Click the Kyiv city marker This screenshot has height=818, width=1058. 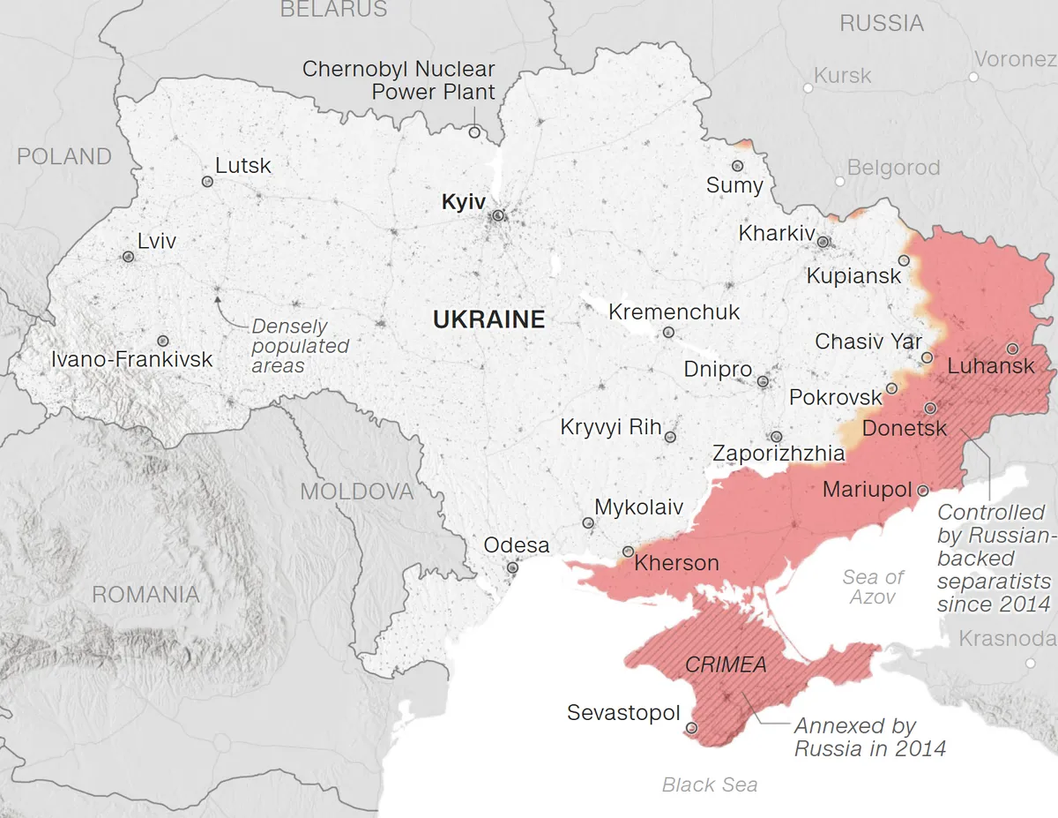[x=498, y=215]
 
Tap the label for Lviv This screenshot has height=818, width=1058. [x=157, y=241]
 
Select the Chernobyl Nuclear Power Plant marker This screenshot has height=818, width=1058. [x=474, y=132]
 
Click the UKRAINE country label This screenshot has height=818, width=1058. [x=488, y=319]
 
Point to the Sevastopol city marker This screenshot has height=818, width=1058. [x=691, y=728]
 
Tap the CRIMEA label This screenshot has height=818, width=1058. [x=726, y=664]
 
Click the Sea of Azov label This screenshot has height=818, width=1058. [x=873, y=587]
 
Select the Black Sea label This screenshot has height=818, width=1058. [x=710, y=784]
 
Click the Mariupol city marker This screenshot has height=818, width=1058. [x=922, y=490]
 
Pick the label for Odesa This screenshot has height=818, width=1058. [x=516, y=545]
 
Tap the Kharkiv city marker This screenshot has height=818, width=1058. [x=823, y=242]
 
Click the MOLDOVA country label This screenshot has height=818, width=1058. [x=357, y=492]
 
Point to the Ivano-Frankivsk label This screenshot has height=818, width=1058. [x=131, y=359]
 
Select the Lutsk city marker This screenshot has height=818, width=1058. [x=207, y=182]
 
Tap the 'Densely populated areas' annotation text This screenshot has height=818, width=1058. [x=300, y=346]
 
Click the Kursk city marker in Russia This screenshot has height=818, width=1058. [x=808, y=88]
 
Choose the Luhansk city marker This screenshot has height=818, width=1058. [x=1012, y=349]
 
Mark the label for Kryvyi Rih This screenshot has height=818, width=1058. [x=610, y=428]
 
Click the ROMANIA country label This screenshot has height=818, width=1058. [x=145, y=595]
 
